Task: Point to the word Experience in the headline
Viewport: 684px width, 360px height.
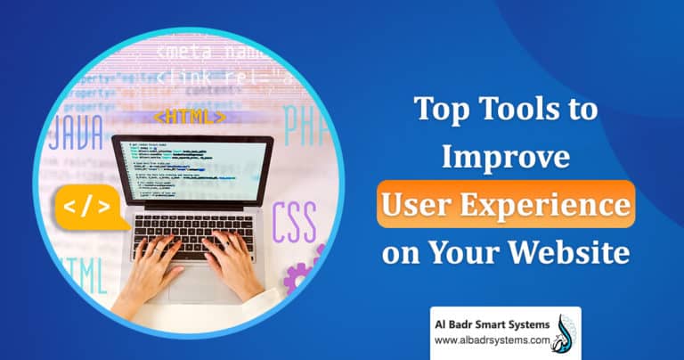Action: (546, 205)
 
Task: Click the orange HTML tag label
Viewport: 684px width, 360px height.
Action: (190, 117)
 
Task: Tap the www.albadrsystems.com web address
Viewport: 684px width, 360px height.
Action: (488, 339)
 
